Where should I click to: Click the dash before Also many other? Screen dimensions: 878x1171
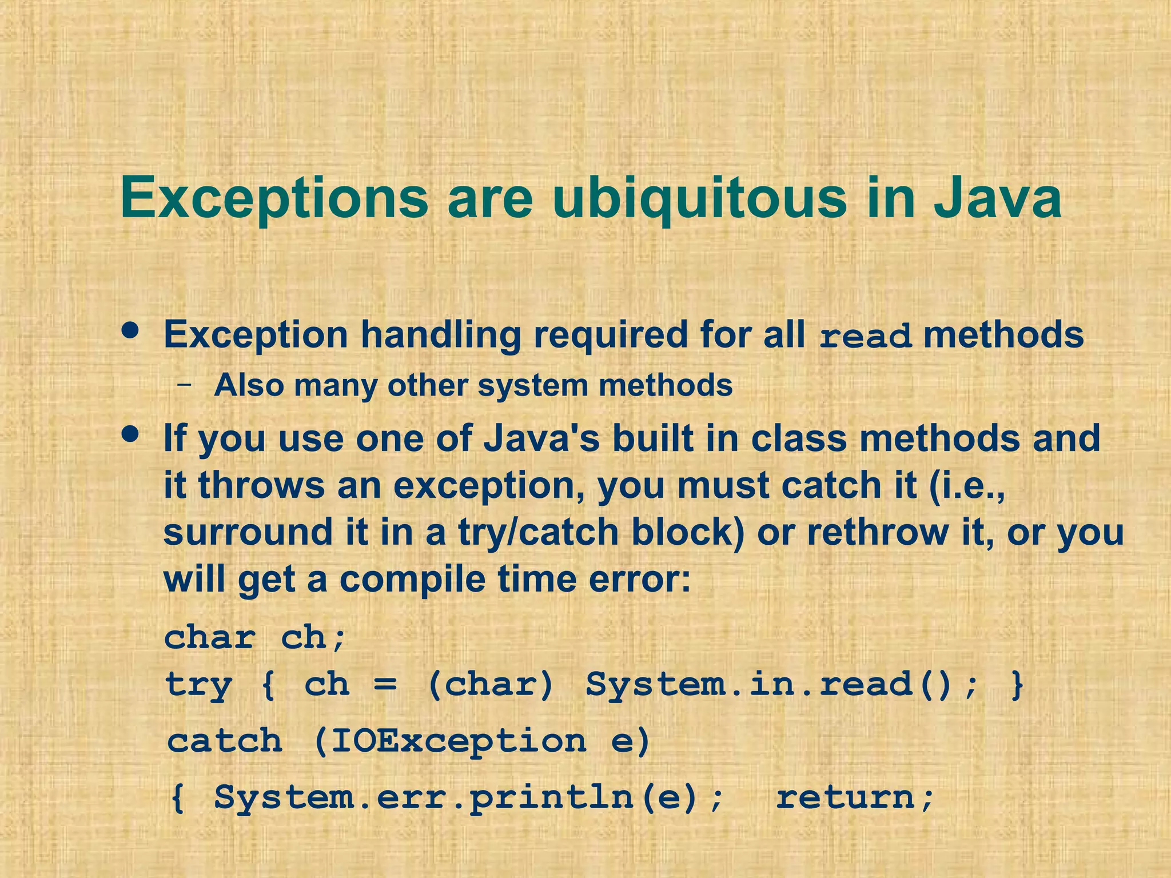coord(184,385)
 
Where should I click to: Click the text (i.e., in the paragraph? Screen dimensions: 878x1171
coord(967,486)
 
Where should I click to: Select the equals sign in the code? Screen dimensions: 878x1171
coord(385,684)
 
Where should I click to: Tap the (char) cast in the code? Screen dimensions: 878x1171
coord(491,684)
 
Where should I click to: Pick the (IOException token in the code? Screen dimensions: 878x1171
coord(449,741)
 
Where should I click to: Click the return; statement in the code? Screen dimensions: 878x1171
coord(855,797)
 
